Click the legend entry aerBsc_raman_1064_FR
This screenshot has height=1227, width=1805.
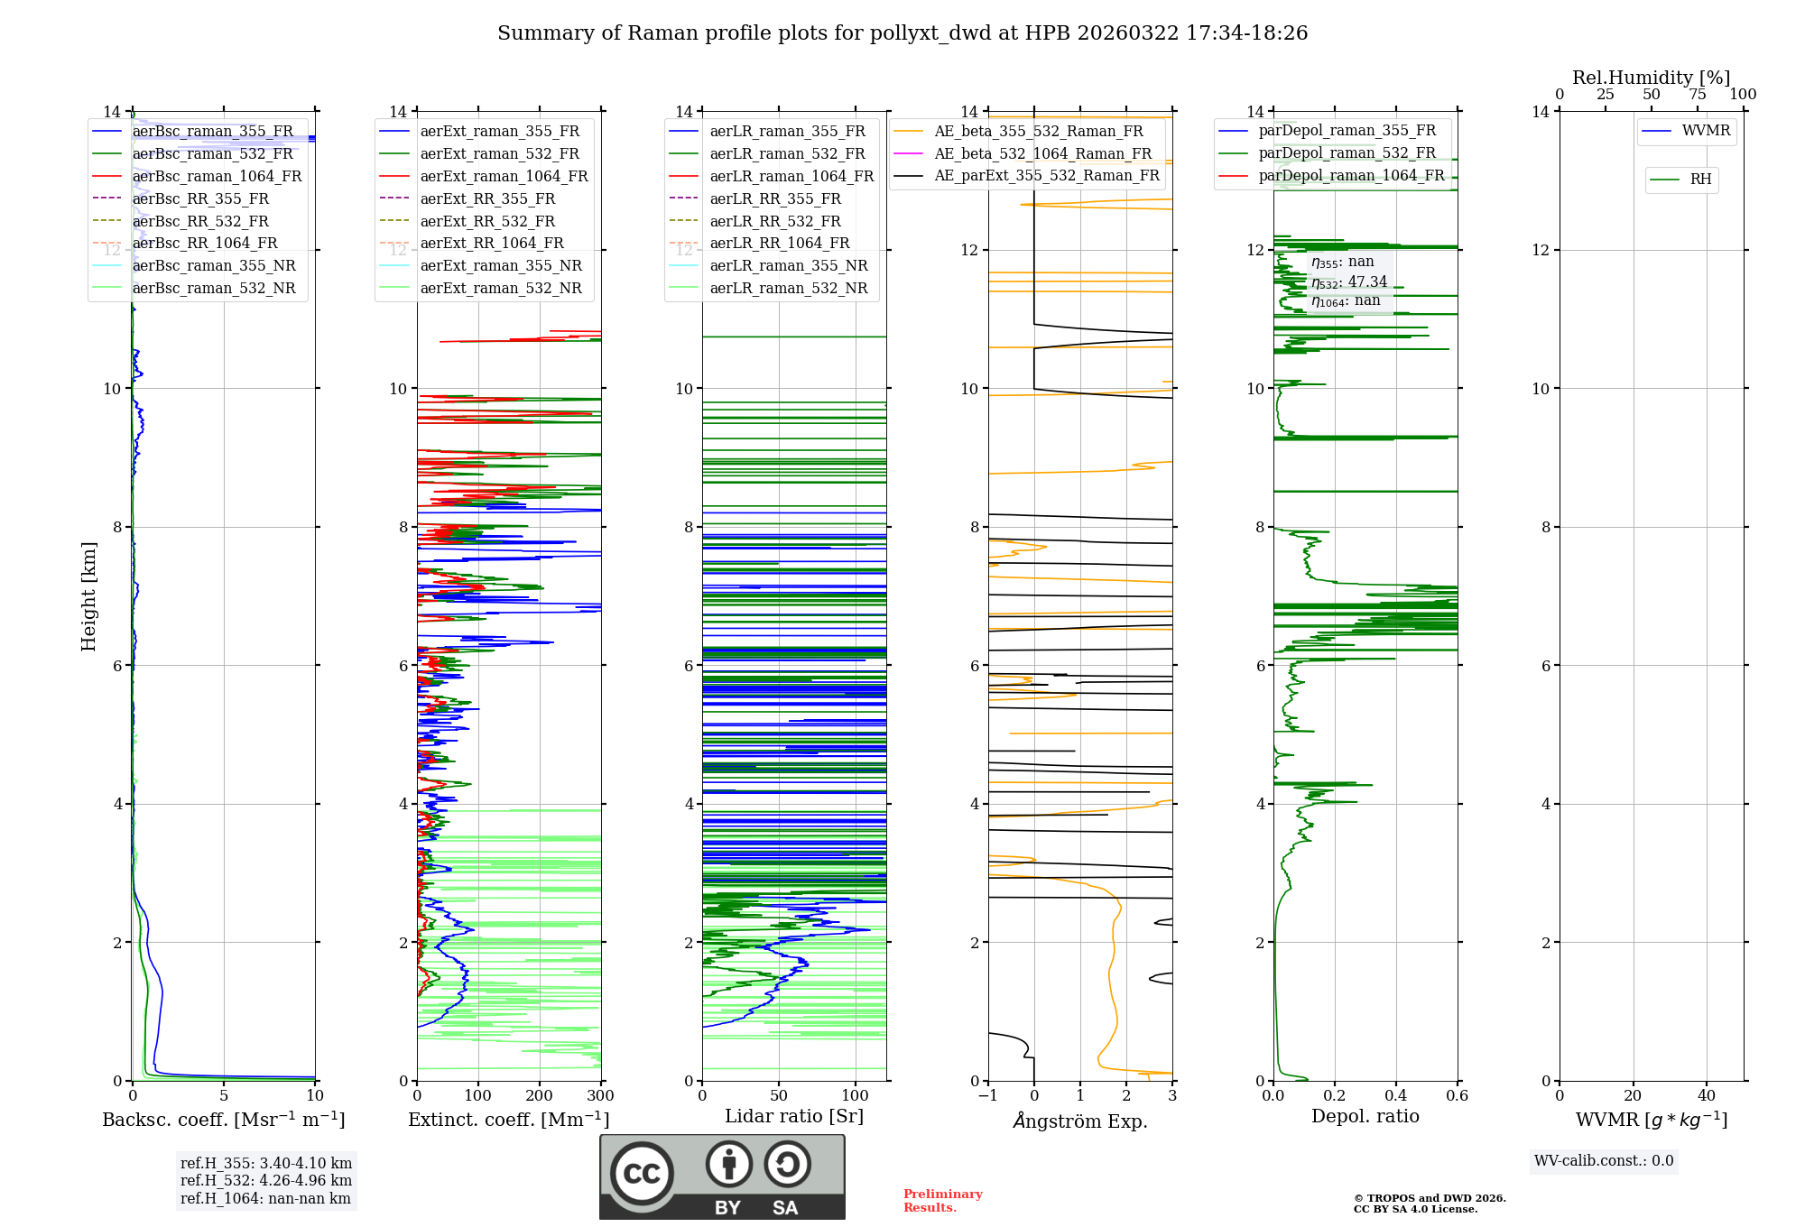(217, 177)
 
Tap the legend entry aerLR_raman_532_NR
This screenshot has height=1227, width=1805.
(788, 289)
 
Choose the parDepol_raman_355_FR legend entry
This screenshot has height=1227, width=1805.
(1347, 131)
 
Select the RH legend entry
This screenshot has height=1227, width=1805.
(1700, 180)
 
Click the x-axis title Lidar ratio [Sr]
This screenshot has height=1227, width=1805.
(794, 1117)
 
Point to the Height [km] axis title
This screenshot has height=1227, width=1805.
(88, 596)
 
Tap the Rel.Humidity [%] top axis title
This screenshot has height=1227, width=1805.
(1651, 78)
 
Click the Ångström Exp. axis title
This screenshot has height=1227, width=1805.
(1080, 1121)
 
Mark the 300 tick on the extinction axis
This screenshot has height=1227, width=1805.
(600, 1096)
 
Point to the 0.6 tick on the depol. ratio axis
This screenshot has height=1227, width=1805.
(1457, 1096)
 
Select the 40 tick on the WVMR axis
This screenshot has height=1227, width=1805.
(1706, 1096)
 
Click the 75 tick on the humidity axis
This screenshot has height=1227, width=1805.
(1697, 95)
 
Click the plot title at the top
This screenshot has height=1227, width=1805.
(902, 33)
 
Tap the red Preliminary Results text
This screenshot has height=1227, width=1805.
(942, 1201)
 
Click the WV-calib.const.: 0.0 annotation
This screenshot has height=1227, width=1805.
(1604, 1161)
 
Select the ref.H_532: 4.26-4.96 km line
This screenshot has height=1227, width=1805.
(266, 1181)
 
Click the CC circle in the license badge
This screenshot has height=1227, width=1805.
(642, 1174)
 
